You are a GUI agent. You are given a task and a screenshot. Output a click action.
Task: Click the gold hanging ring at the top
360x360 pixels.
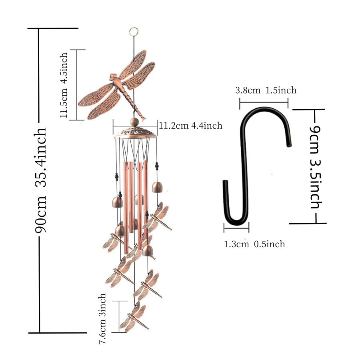133,31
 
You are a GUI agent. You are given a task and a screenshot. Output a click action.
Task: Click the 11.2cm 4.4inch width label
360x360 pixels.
190,126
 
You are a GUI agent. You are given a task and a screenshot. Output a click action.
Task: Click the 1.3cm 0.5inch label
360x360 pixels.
254,244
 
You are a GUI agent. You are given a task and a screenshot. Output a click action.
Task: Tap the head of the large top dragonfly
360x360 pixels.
113,76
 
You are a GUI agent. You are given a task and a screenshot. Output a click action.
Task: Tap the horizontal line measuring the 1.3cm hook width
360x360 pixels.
236,229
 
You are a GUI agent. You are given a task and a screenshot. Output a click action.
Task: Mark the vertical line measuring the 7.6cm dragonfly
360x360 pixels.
119,316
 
